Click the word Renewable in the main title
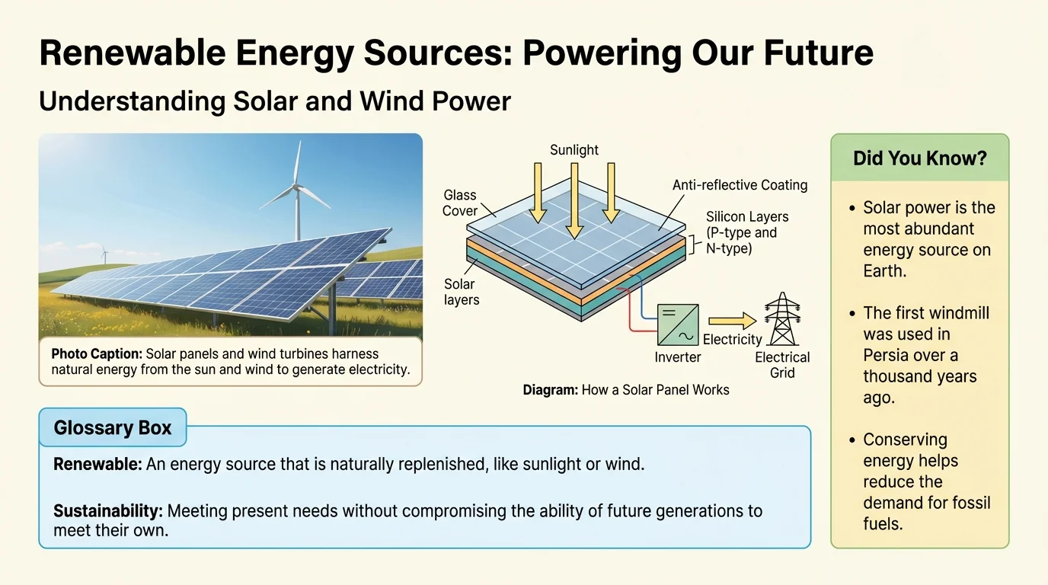[x=133, y=53]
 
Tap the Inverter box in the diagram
[x=678, y=324]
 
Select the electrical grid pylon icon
[x=782, y=318]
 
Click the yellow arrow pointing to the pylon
[x=732, y=321]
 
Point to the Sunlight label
[x=574, y=150]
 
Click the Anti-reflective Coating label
[x=740, y=185]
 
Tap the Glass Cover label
[x=459, y=203]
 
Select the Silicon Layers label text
[x=746, y=232]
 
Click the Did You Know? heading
[x=920, y=158]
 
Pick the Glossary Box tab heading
[x=112, y=428]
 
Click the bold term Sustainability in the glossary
[x=108, y=511]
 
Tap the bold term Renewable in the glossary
[x=97, y=464]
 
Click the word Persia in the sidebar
[x=887, y=355]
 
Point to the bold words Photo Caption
[x=97, y=353]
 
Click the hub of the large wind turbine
[x=296, y=187]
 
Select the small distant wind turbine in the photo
[x=104, y=254]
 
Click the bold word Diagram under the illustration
[x=550, y=390]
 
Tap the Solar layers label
[x=462, y=292]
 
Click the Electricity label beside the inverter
[x=732, y=339]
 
